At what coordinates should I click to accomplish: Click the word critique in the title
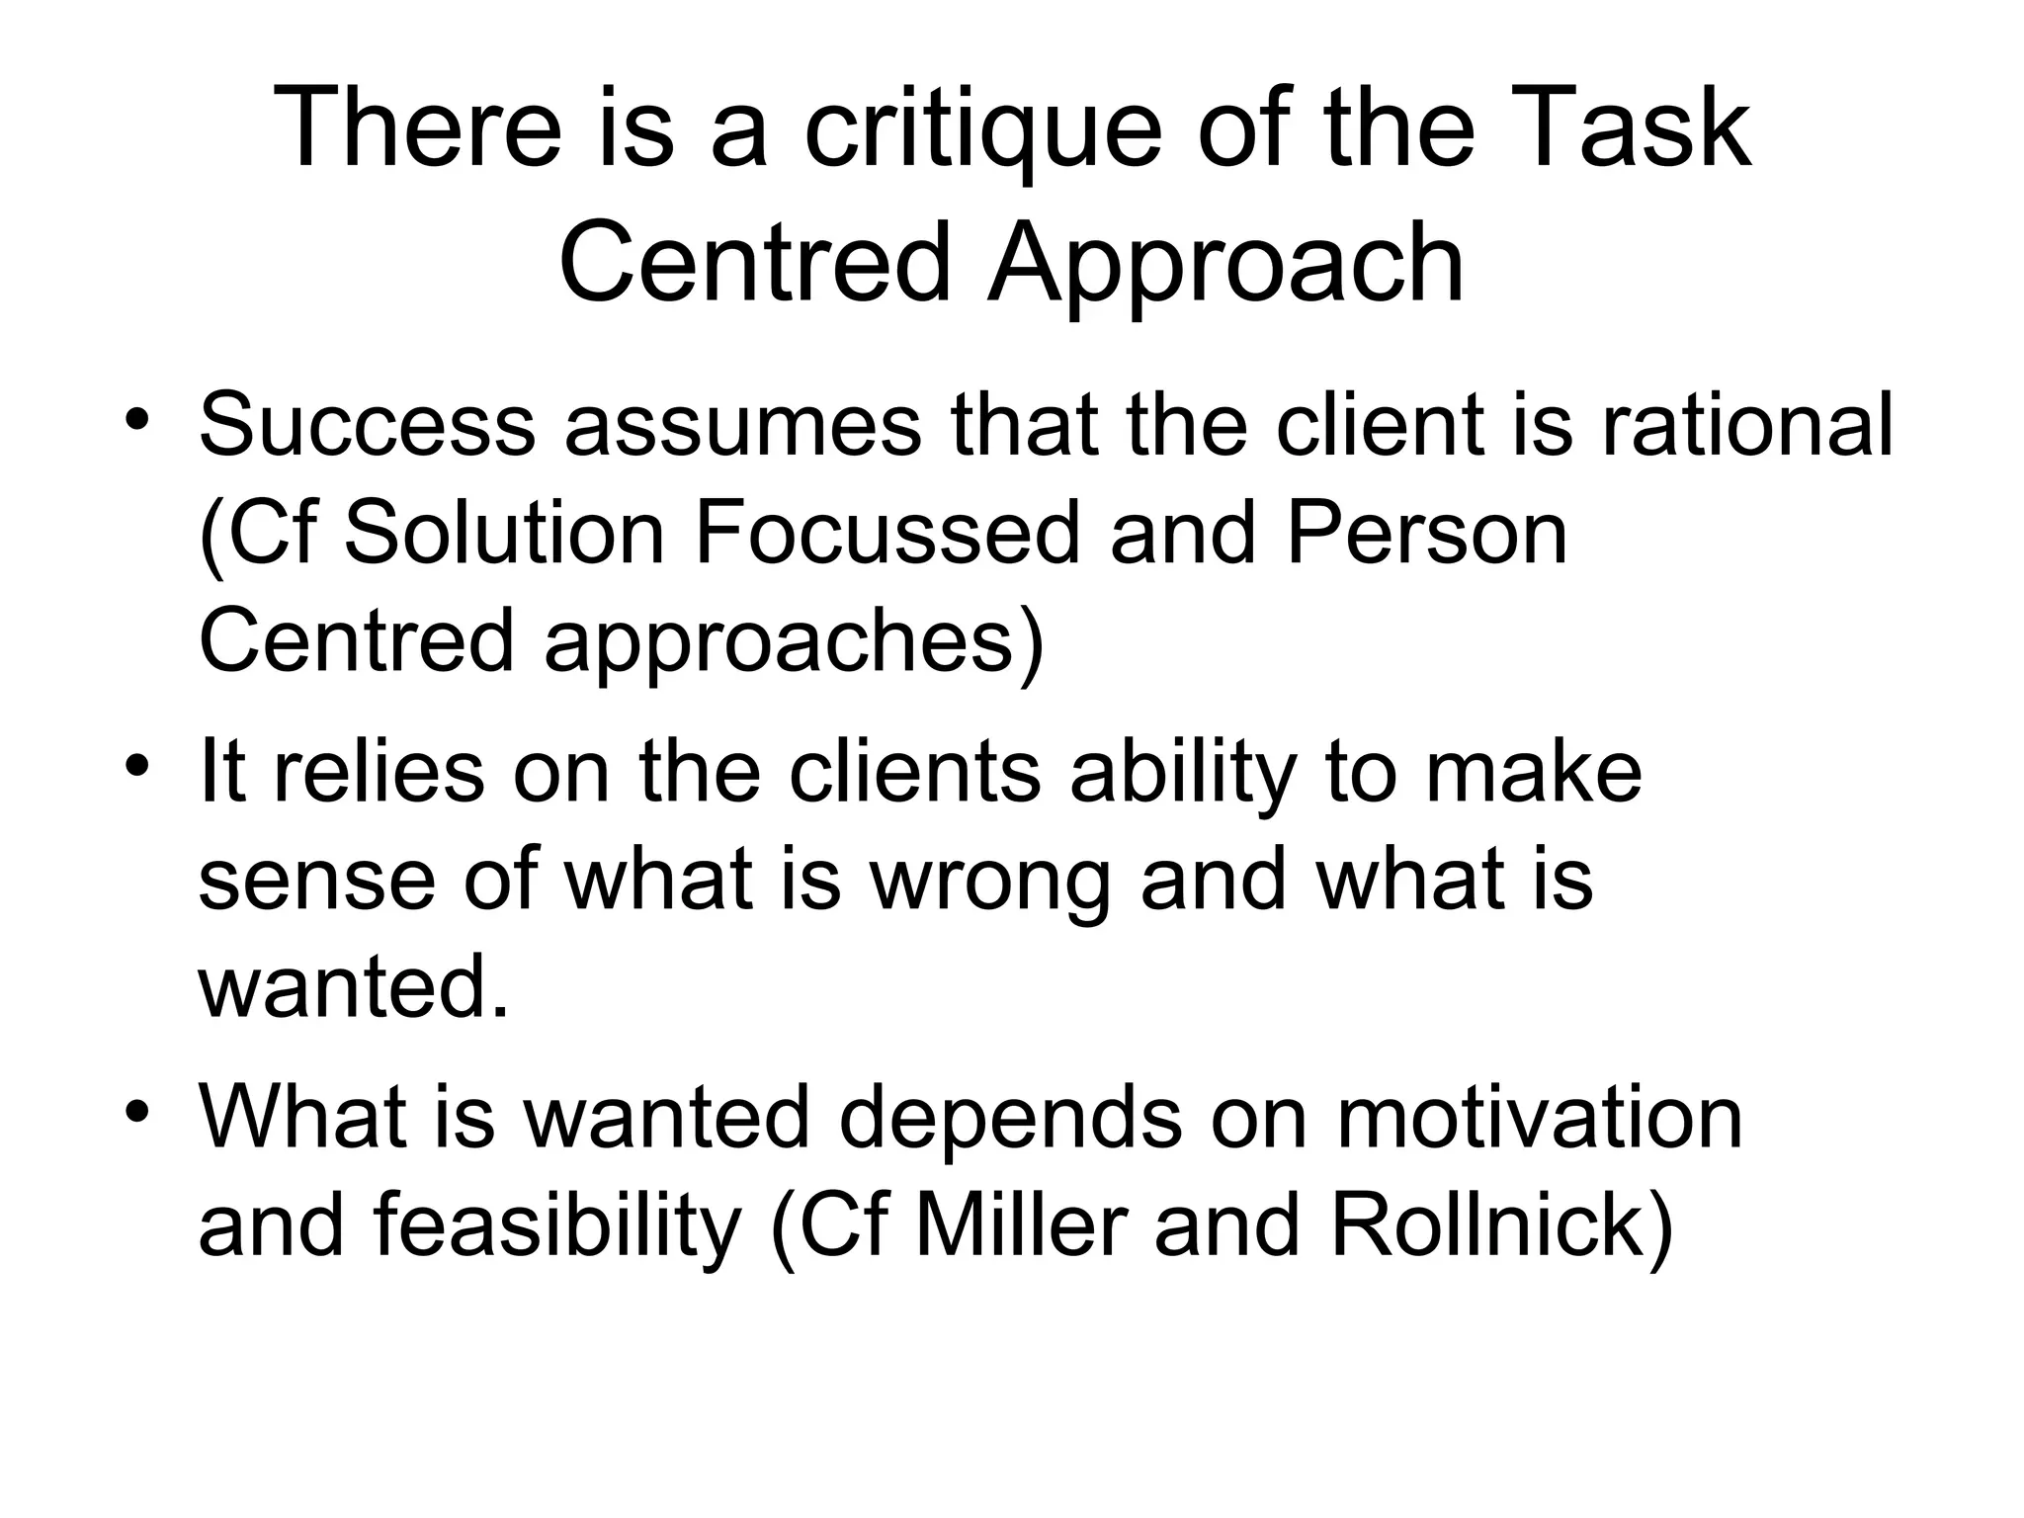click(x=982, y=130)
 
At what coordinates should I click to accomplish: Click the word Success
click(x=367, y=426)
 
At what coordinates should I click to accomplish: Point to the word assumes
click(x=742, y=426)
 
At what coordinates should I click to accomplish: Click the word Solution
click(x=505, y=535)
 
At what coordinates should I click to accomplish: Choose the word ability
click(x=1182, y=772)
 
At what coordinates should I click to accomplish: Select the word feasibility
click(x=557, y=1226)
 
